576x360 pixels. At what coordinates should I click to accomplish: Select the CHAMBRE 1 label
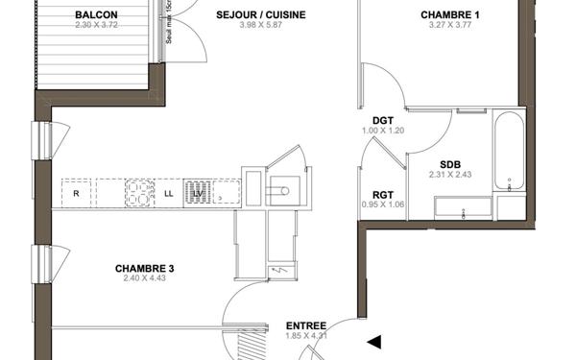tap(450, 14)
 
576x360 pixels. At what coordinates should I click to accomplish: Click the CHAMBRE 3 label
tap(144, 268)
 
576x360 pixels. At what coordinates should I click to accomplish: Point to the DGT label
tap(383, 120)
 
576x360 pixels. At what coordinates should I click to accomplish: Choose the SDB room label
tap(450, 164)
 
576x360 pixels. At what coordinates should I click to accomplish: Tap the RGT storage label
tap(383, 195)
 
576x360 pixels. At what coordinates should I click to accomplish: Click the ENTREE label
tap(306, 325)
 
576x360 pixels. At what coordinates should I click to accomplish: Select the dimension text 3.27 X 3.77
tap(450, 26)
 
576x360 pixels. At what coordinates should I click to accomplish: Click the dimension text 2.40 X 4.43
tap(144, 278)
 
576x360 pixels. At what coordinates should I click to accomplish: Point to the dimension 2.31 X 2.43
tap(450, 176)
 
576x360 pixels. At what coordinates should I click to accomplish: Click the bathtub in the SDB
tap(510, 151)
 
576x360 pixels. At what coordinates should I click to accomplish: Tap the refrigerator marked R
tap(76, 193)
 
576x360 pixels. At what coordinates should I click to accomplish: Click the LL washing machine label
tap(169, 194)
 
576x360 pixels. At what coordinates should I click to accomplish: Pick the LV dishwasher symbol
tap(198, 193)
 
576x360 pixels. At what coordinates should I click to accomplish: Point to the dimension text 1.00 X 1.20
tap(383, 131)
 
